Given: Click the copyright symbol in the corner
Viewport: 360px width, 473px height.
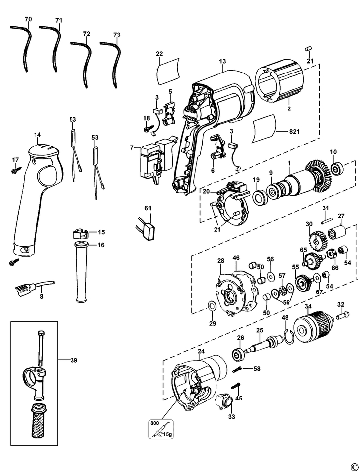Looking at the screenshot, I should click(x=353, y=467).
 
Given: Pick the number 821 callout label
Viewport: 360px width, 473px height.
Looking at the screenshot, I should click(x=294, y=132).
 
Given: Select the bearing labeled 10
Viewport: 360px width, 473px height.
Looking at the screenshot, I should click(x=337, y=168).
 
